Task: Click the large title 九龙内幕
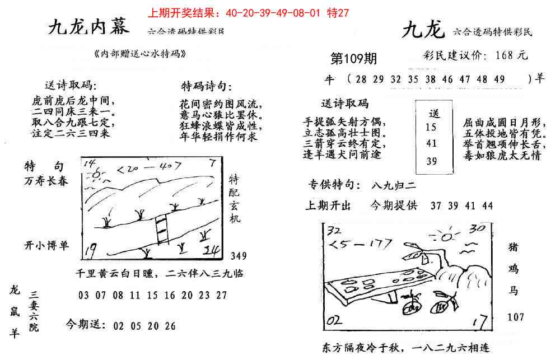coord(88,26)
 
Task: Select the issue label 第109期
coord(354,59)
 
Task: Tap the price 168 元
coord(511,55)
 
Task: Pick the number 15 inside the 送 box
coord(431,127)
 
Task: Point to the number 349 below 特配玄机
coord(238,256)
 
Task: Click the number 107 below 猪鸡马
coord(516,317)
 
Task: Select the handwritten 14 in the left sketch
coord(89,164)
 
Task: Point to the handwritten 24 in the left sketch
coord(213,251)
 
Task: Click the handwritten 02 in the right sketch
coord(334,320)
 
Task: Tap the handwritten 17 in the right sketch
coord(478,322)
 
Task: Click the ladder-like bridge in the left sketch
coord(161,229)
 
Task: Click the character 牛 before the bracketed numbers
coord(330,80)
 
